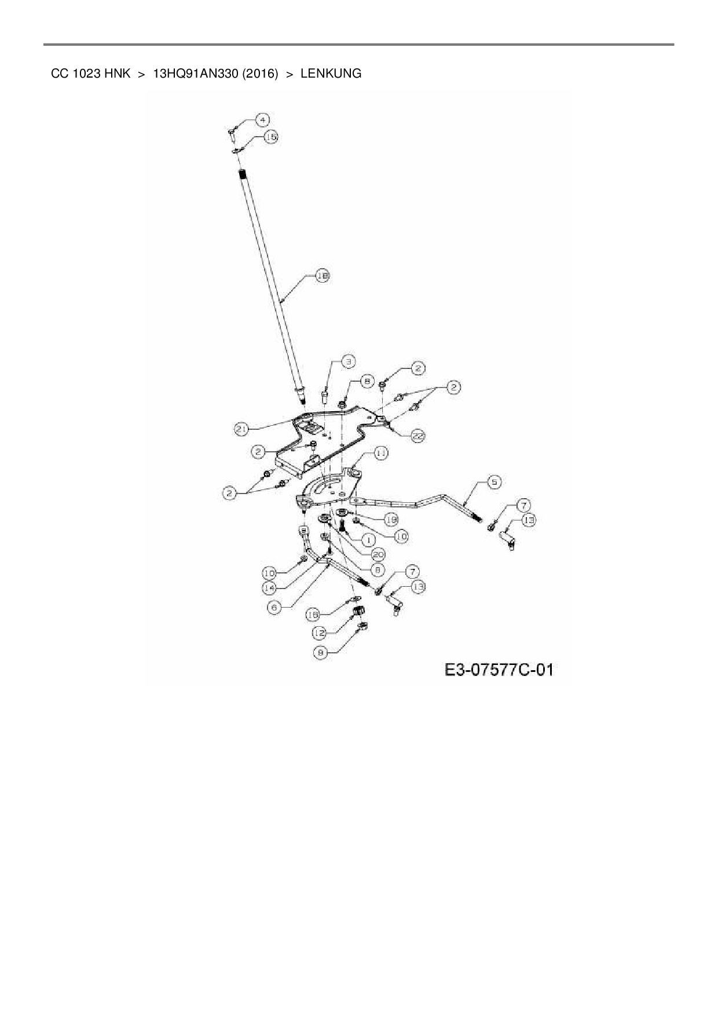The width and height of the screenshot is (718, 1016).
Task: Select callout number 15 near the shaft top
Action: coord(270,137)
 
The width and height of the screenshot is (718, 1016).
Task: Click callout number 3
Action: coord(348,361)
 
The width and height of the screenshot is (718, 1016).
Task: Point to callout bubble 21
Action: coord(242,429)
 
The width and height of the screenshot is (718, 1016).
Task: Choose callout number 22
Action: coord(418,436)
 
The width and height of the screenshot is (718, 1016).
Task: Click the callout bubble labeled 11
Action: coord(380,453)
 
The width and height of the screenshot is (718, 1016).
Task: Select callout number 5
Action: coord(494,481)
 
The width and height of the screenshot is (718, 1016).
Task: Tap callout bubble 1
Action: coord(367,539)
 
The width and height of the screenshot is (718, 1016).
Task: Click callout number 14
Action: coord(269,587)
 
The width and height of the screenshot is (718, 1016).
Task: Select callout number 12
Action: coord(320,633)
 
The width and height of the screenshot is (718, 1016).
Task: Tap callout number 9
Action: coord(320,653)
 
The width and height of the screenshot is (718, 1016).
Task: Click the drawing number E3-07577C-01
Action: coord(499,670)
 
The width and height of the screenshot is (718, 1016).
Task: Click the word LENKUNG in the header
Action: coord(331,74)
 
